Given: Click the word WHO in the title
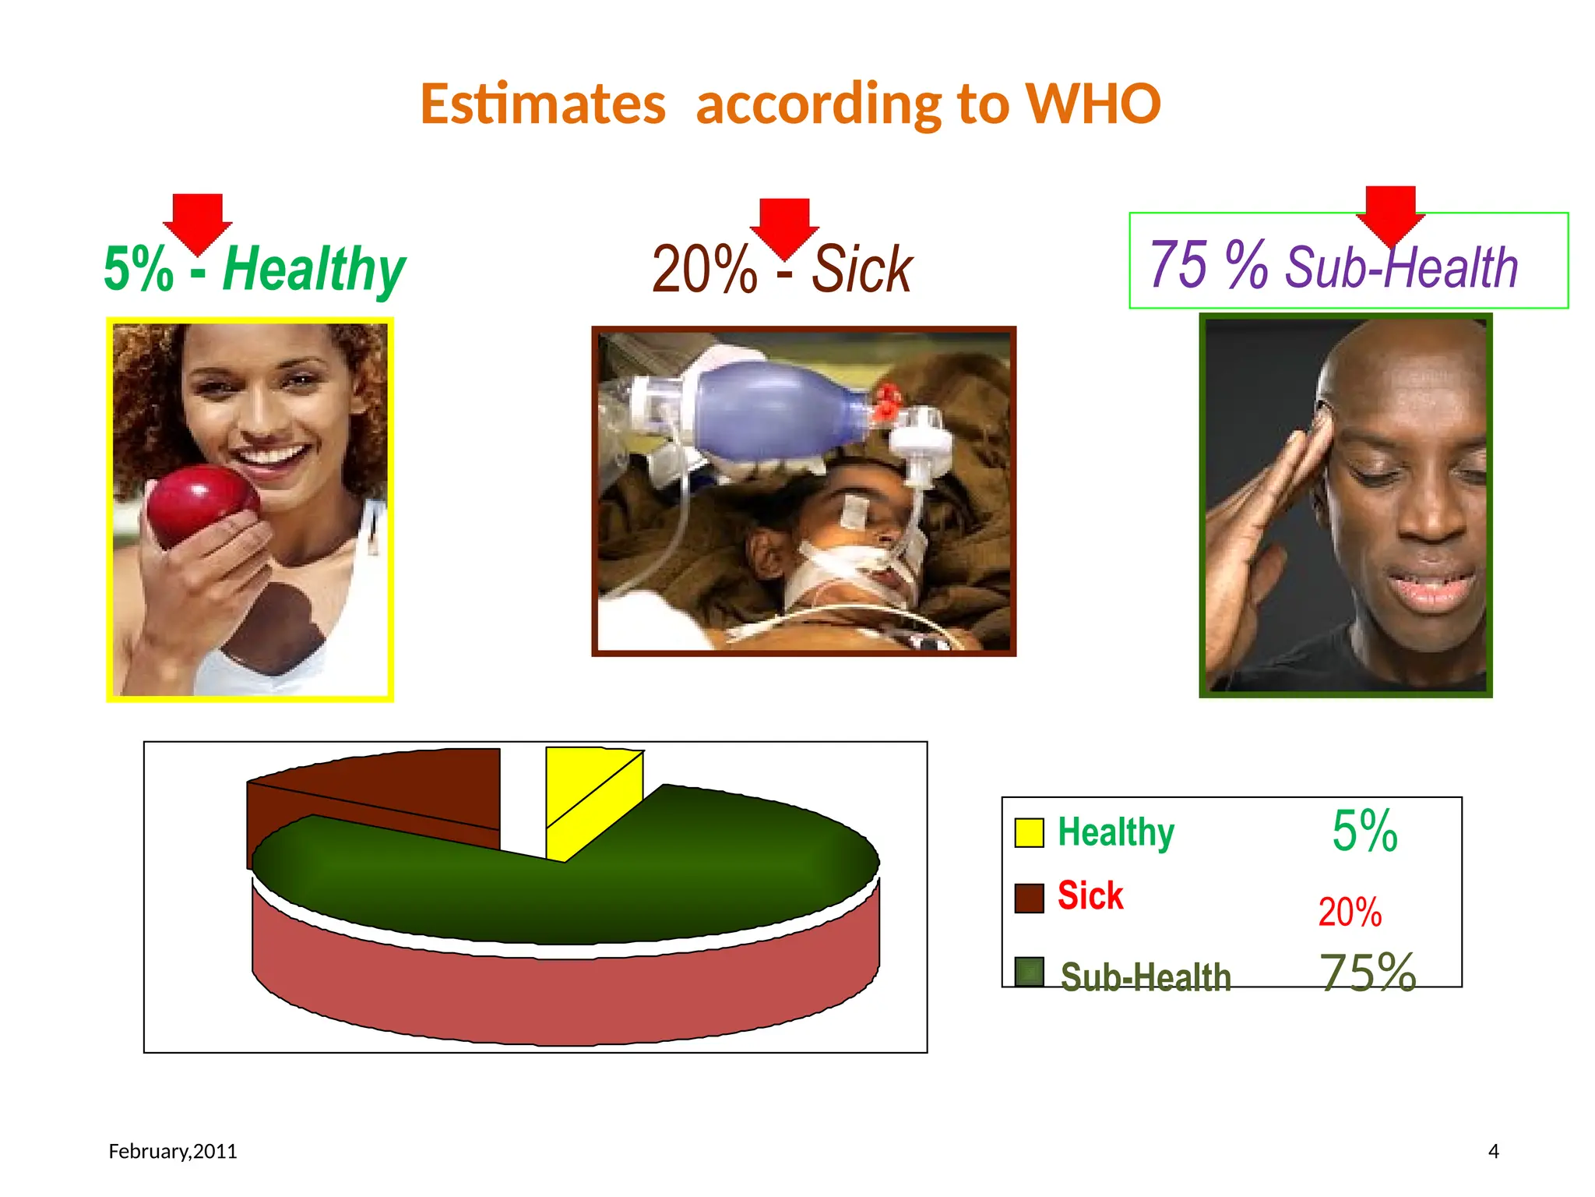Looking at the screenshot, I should tap(1092, 104).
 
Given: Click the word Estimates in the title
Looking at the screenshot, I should tap(543, 105).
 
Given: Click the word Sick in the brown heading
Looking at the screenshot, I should tap(861, 270).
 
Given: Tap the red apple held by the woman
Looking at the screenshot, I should tap(201, 503).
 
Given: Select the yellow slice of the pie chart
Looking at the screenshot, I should tap(592, 795).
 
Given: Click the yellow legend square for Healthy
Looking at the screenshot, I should tap(1029, 832).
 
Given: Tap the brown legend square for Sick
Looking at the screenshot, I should tap(1029, 898).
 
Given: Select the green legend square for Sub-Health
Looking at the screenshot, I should tap(1030, 971).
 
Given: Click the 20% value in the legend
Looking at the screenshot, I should tap(1350, 912).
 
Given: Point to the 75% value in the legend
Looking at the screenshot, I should tap(1368, 973).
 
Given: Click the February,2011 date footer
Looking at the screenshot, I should tap(173, 1151).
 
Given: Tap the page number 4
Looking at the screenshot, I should tap(1493, 1151).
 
